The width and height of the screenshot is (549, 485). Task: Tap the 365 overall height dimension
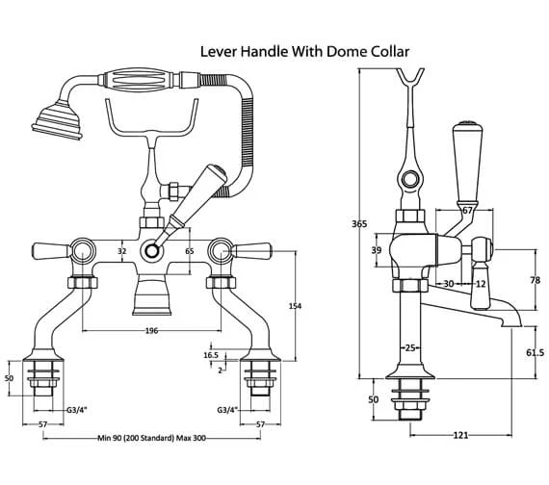[x=359, y=223]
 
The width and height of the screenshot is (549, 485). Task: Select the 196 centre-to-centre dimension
[x=151, y=331]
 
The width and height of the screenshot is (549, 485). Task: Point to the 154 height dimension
[x=295, y=306]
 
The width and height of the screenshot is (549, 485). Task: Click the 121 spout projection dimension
[x=460, y=435]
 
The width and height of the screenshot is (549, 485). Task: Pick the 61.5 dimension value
[x=535, y=353]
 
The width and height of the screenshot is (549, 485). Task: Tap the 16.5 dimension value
[x=211, y=355]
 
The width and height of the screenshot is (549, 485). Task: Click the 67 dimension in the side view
[x=467, y=211]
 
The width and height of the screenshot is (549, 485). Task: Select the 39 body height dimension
[x=377, y=250]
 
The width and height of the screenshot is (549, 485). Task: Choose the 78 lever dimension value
[x=535, y=280]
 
